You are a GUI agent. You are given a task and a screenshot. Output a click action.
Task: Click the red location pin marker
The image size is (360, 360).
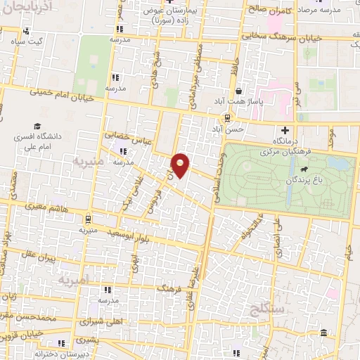click(x=181, y=165)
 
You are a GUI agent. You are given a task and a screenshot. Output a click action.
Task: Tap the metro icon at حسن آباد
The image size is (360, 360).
click(x=227, y=118)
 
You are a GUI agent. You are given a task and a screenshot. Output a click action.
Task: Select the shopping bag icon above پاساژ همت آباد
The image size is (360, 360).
click(x=240, y=91)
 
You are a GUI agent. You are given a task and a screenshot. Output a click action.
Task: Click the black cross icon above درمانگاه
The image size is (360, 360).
click(x=285, y=130)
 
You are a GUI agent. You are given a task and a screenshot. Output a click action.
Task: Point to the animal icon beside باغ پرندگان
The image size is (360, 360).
click(x=303, y=169)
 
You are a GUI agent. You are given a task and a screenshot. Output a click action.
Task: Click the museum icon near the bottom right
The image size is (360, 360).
click(x=322, y=332)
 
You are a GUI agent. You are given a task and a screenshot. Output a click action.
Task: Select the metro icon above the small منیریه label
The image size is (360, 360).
click(x=87, y=218)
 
